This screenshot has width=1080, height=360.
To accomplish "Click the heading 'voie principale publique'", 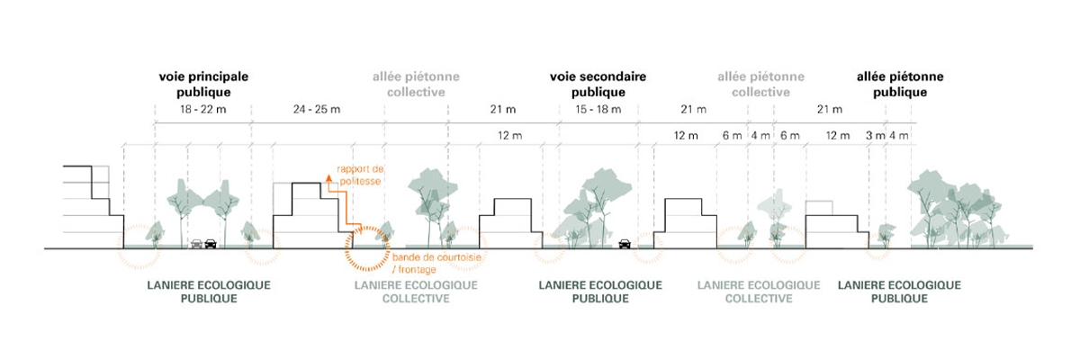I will coord(202,84).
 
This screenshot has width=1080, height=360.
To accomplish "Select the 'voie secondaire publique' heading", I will coord(598,84).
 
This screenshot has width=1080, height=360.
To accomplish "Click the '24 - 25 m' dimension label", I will coord(317,110).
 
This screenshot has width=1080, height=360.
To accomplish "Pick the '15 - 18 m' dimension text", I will coord(597,110).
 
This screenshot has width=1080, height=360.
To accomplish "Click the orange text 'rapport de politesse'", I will coord(359,175).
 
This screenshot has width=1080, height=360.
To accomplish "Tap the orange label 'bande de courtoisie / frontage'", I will coord(436,263).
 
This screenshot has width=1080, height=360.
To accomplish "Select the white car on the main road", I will coord(196,242).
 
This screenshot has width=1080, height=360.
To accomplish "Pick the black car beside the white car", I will coord(211,242).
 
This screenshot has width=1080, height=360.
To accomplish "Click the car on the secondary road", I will coord(624,242).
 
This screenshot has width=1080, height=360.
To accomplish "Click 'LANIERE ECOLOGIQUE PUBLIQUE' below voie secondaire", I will coord(599,292).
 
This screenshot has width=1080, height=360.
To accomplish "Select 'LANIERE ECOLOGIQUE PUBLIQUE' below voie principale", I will coord(208,292).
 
